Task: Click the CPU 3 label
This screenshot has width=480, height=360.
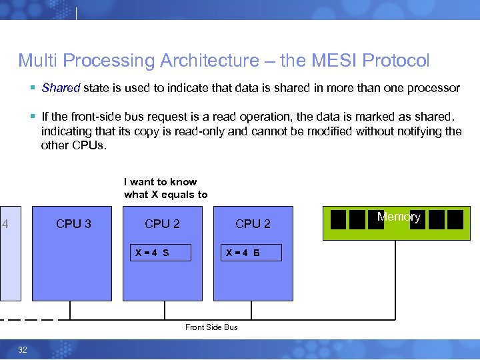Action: click(73, 224)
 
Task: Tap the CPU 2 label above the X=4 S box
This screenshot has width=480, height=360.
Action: click(162, 224)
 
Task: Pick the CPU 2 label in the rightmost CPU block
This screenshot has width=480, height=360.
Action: click(253, 224)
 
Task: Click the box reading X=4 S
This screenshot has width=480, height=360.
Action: click(161, 253)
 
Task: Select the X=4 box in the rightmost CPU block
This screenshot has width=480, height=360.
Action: click(251, 253)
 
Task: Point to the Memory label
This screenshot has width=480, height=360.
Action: click(399, 217)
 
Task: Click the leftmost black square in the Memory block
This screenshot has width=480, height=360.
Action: click(339, 219)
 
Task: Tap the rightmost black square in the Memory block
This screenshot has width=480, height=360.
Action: click(455, 219)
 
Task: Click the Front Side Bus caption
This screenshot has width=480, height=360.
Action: click(211, 327)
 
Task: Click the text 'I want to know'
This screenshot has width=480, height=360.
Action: click(161, 181)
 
